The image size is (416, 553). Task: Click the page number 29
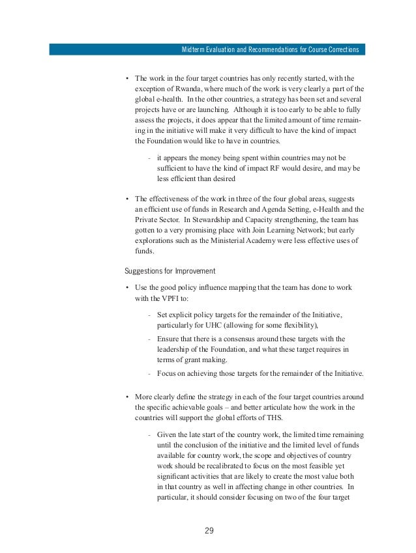209,529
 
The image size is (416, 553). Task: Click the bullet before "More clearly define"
126,396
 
